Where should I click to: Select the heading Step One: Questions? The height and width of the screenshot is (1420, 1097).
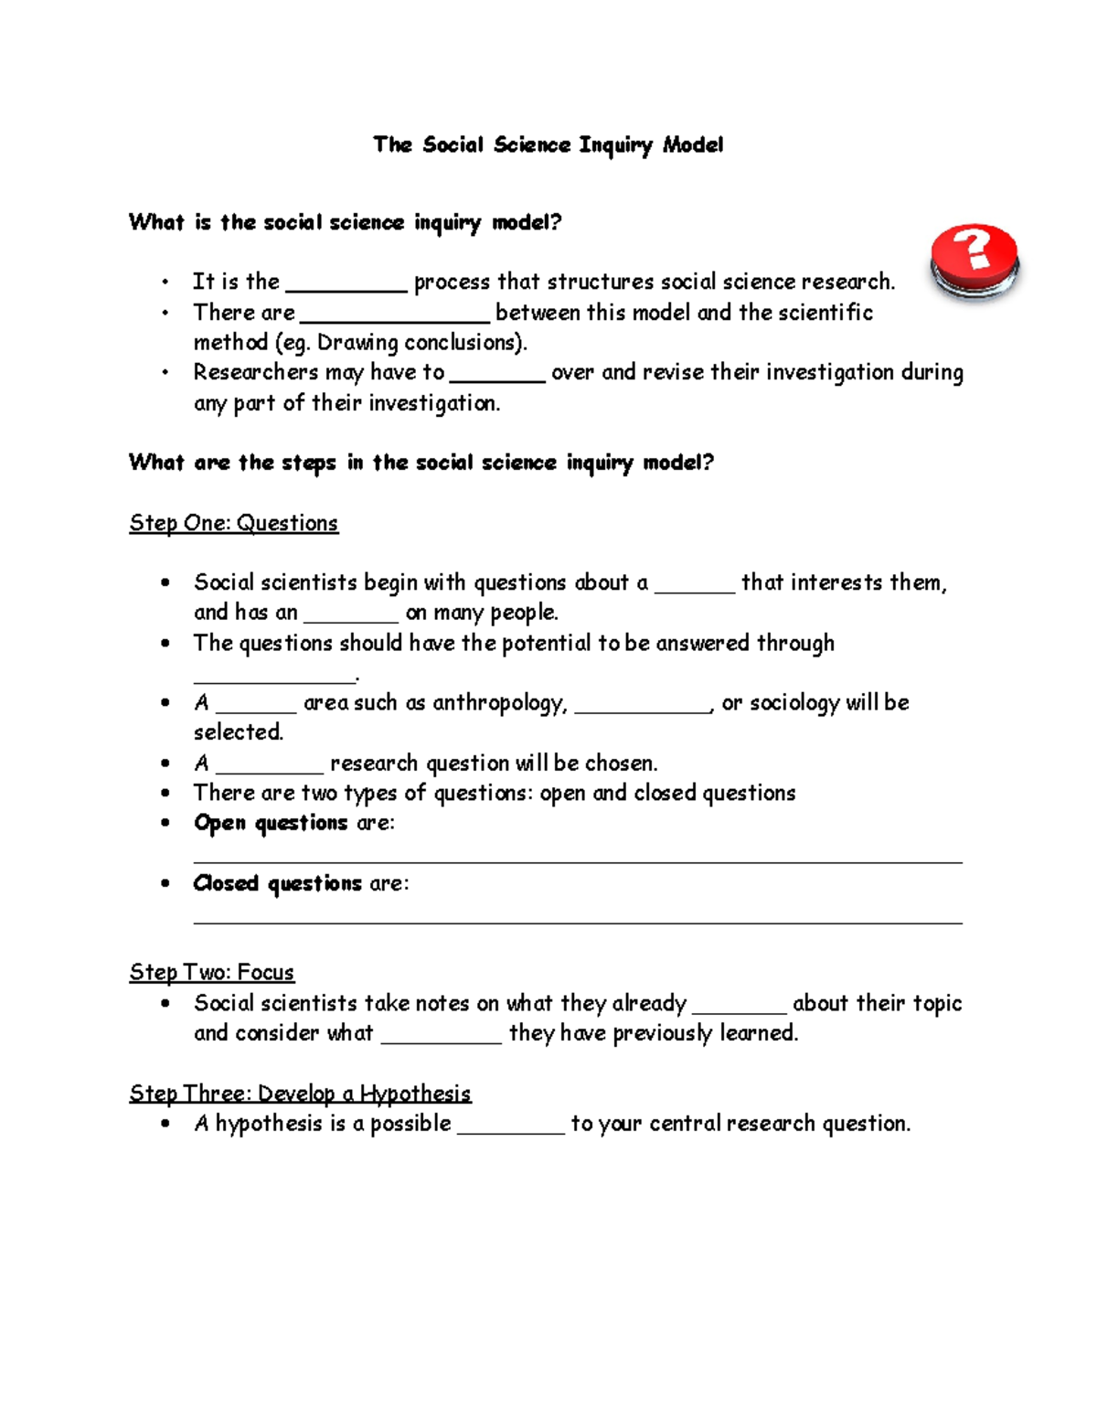[234, 523]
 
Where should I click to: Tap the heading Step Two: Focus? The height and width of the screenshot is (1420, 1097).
[212, 972]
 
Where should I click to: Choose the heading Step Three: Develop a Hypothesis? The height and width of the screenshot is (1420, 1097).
[300, 1094]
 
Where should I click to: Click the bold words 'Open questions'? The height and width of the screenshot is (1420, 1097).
[271, 823]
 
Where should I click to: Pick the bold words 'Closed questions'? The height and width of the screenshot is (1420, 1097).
[277, 883]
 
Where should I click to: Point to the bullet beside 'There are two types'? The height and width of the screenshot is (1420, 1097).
[165, 794]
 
